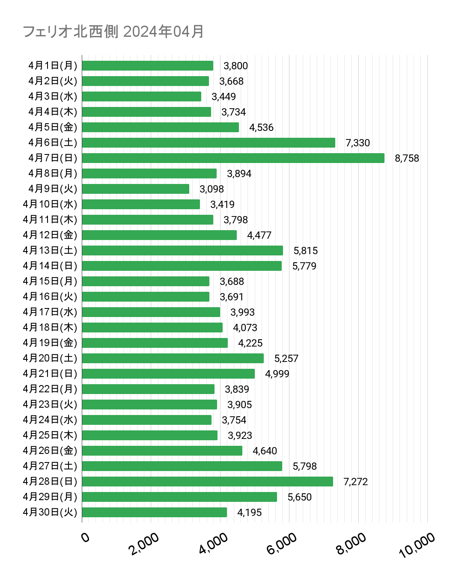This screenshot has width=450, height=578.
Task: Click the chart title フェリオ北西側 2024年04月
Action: pyautogui.click(x=113, y=32)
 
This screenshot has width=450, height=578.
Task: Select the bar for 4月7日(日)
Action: pyautogui.click(x=233, y=158)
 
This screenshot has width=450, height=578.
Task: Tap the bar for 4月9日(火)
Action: pyautogui.click(x=135, y=189)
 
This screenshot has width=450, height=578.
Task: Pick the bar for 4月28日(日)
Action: pyautogui.click(x=207, y=482)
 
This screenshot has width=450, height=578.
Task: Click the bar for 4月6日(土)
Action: pyautogui.click(x=209, y=143)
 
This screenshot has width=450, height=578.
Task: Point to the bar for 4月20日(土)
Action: pyautogui.click(x=173, y=359)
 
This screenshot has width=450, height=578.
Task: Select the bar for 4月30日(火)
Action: pyautogui.click(x=154, y=513)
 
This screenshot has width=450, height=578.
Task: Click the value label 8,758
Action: pyautogui.click(x=407, y=158)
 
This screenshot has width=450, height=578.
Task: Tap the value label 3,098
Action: pyautogui.click(x=212, y=189)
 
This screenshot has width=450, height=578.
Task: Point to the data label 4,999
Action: pyautogui.click(x=277, y=374)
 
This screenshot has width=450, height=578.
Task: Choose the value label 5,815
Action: pyautogui.click(x=305, y=251)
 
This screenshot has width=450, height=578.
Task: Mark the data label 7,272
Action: pyautogui.click(x=355, y=482)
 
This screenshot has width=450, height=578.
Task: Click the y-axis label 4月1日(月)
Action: pyautogui.click(x=53, y=66)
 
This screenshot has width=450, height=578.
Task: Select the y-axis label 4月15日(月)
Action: pyautogui.click(x=50, y=282)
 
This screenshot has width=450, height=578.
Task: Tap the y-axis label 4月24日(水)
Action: pyautogui.click(x=50, y=420)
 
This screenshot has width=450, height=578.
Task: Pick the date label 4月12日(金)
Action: pyautogui.click(x=50, y=235)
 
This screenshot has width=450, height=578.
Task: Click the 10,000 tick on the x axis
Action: pyautogui.click(x=417, y=545)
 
